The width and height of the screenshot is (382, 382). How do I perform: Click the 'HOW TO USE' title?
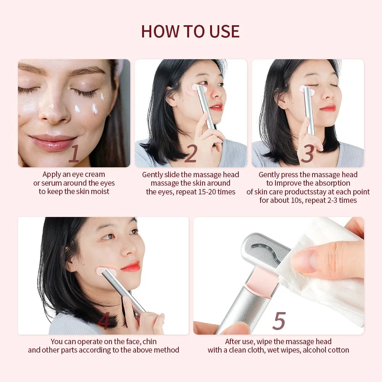click(x=190, y=31)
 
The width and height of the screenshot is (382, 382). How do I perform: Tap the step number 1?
click(x=74, y=154)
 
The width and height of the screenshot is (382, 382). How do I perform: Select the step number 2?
click(x=190, y=154)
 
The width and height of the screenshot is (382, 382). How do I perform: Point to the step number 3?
click(x=308, y=154)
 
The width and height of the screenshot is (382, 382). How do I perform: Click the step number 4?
click(x=104, y=321)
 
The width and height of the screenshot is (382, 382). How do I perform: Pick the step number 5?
click(x=279, y=321)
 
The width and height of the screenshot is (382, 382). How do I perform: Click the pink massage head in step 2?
click(x=200, y=88)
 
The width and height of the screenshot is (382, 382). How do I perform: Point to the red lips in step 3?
click(x=328, y=108)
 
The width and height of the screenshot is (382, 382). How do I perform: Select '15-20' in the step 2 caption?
click(x=209, y=192)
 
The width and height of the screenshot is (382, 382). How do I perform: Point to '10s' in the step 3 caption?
click(x=298, y=200)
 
